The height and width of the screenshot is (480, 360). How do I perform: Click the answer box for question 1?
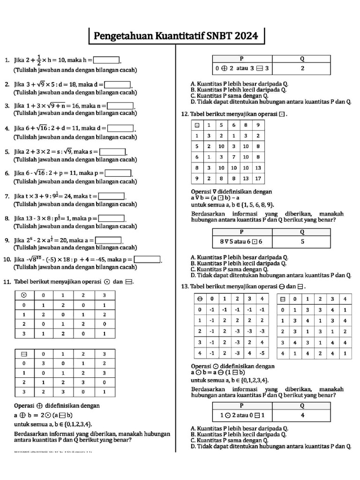(x=106, y=60)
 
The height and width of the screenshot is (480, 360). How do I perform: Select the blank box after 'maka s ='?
(x=113, y=151)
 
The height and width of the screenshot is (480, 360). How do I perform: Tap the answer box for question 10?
(x=147, y=259)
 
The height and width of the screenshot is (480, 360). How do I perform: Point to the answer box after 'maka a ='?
(x=108, y=240)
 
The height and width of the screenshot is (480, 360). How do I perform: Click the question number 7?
(x=7, y=196)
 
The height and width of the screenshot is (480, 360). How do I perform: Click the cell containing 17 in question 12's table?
(x=258, y=178)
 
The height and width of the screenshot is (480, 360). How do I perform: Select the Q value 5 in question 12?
(x=302, y=242)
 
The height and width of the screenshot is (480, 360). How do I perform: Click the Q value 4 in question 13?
(x=302, y=415)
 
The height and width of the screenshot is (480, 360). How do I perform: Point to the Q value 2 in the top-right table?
(x=302, y=68)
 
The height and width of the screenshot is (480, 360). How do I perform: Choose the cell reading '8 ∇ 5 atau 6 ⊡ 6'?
(x=242, y=242)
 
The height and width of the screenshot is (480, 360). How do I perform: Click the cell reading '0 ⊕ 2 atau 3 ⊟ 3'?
(x=242, y=68)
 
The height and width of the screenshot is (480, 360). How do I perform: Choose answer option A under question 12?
(x=239, y=257)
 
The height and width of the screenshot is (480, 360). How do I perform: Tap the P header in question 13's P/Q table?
(x=242, y=405)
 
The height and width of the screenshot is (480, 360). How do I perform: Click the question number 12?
(x=185, y=114)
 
